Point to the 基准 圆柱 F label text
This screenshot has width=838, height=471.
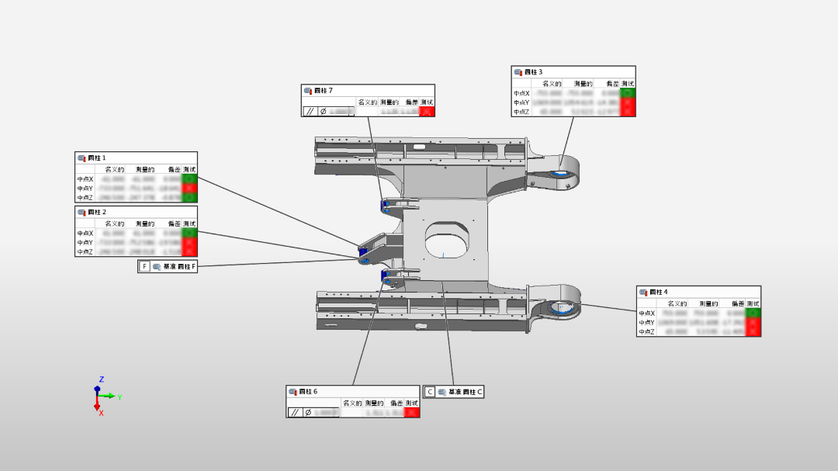[x=180, y=267]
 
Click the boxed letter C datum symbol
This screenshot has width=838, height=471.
[x=430, y=392]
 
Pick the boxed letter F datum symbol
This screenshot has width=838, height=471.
[x=144, y=267]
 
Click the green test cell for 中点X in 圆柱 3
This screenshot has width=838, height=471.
[x=628, y=93]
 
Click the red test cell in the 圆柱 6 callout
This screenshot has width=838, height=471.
[x=412, y=413]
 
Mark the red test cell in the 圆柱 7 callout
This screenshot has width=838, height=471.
[x=427, y=112]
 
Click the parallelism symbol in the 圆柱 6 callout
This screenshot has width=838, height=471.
[x=294, y=413]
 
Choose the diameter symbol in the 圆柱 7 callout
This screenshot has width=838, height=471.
[x=323, y=112]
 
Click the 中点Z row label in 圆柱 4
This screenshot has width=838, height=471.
[x=647, y=331]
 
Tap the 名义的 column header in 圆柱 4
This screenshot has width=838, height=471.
[x=677, y=303]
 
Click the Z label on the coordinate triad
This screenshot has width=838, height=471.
[x=101, y=379]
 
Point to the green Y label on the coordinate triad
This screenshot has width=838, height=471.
[x=119, y=397]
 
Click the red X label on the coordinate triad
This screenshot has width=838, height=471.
[x=101, y=413]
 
